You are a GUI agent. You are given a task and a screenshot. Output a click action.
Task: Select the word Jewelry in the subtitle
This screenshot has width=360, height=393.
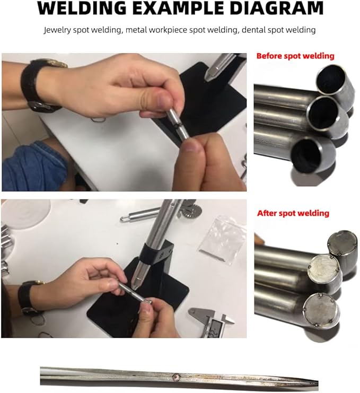tap(58, 30)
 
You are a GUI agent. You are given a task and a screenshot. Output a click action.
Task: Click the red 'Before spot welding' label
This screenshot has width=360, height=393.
tap(295, 56)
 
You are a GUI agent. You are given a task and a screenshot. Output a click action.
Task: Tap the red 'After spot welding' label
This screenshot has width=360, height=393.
tap(293, 213)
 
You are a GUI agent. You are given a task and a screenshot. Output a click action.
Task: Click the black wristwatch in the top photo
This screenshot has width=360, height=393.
tap(40, 85)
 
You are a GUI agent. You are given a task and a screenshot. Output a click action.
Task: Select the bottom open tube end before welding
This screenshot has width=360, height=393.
tap(313, 155)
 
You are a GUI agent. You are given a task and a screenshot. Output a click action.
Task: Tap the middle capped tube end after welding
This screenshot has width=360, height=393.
tap(322, 269)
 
